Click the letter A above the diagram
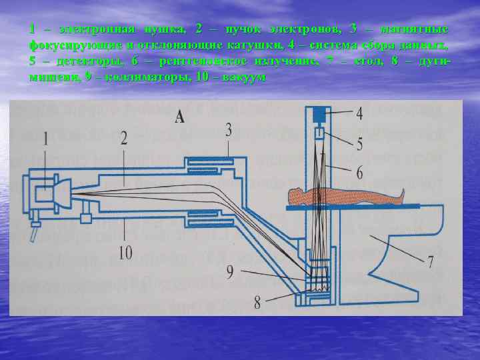click(x=180, y=118)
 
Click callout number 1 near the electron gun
click(x=46, y=138)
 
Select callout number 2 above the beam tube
click(x=124, y=138)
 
